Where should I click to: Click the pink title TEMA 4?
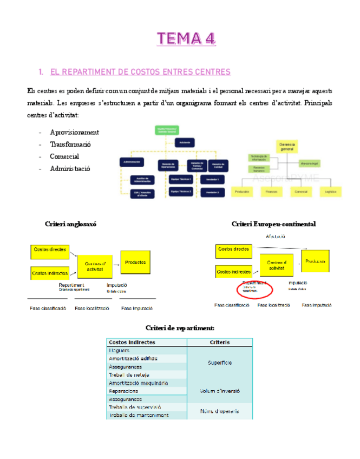click(x=186, y=38)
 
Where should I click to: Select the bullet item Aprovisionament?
click(x=74, y=132)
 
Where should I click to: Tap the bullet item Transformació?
click(x=70, y=144)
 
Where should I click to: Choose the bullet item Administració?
click(x=70, y=168)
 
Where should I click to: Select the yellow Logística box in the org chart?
click(x=330, y=191)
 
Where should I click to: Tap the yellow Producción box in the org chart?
click(x=243, y=191)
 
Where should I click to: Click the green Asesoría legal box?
click(x=310, y=162)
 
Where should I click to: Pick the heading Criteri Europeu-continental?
click(x=273, y=224)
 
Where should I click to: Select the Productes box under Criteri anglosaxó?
click(x=135, y=263)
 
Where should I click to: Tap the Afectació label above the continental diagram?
click(x=276, y=237)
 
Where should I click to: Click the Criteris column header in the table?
click(x=219, y=342)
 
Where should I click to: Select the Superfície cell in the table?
click(x=219, y=363)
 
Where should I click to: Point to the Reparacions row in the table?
click(x=123, y=391)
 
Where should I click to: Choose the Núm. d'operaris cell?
click(x=219, y=411)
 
